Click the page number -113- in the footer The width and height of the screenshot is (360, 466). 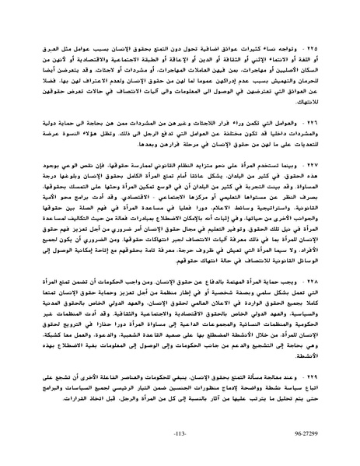click(x=180, y=450)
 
